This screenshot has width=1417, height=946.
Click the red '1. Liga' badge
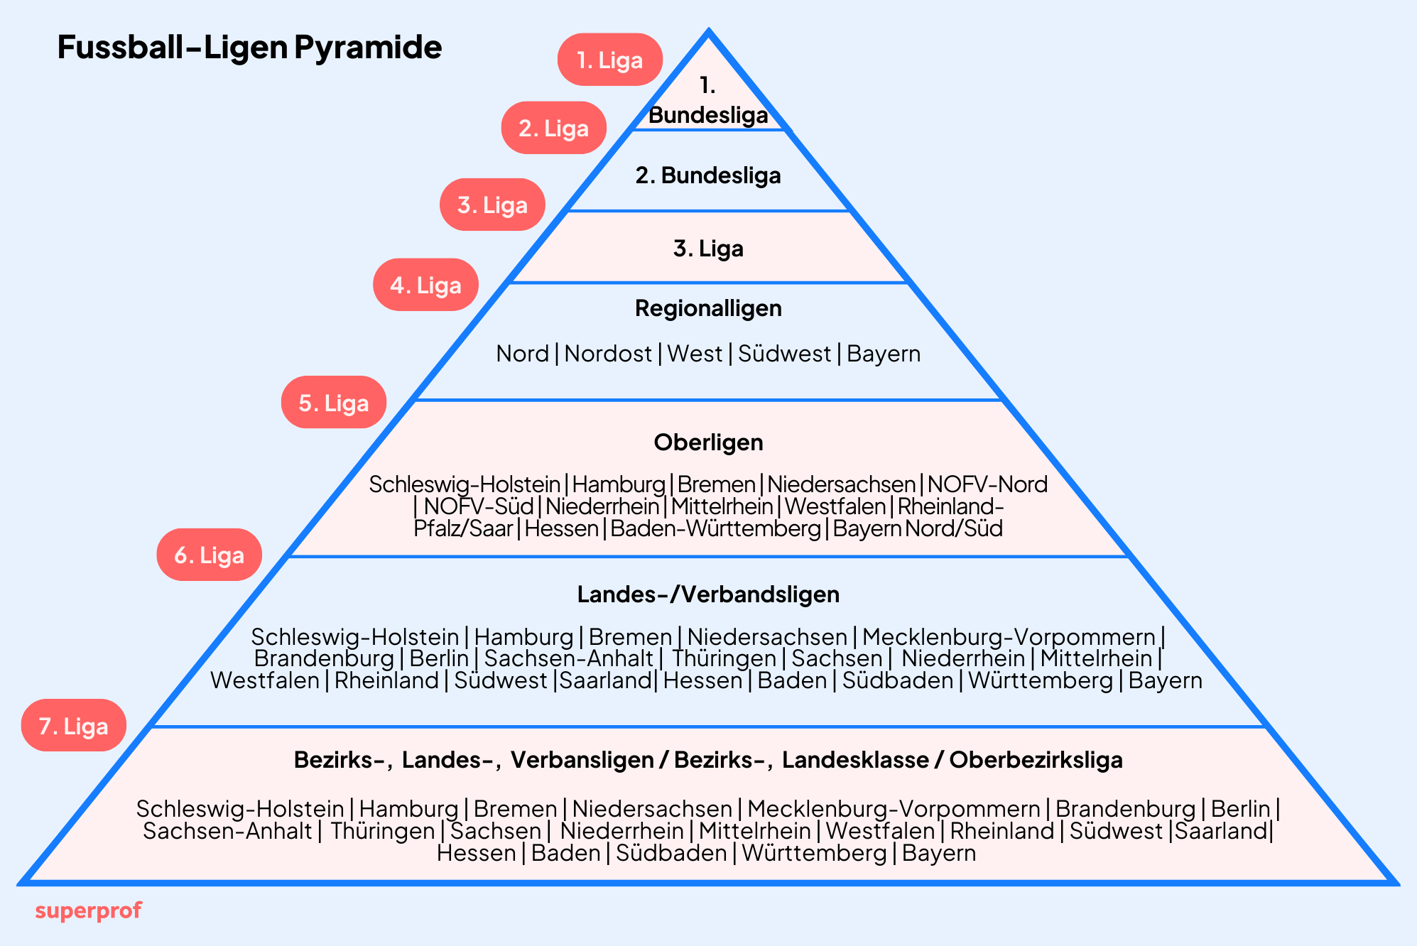609,60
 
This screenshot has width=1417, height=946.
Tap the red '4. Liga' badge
425,285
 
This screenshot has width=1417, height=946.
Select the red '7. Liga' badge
74,726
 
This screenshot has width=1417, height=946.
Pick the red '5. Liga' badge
334,403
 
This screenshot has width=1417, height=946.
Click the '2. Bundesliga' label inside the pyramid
708,175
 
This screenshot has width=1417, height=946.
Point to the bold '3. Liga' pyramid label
708,249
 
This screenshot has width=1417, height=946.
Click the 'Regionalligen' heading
708,308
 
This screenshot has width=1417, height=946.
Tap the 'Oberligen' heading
708,442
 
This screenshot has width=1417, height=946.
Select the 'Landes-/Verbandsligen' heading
708,594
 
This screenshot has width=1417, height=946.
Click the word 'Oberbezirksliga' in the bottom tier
1036,760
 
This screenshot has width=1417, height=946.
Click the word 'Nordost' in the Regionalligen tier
608,354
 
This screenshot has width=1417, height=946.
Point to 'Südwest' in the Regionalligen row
784,354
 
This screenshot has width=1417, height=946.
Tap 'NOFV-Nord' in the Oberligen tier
987,484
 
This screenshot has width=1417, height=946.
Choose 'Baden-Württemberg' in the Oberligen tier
715,528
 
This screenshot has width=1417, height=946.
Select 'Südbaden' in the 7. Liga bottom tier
671,853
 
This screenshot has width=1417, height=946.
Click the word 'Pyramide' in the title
368,47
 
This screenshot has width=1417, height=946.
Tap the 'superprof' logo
88,910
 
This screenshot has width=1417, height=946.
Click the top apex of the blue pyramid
708,32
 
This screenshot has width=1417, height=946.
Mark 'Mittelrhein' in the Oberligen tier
722,506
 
